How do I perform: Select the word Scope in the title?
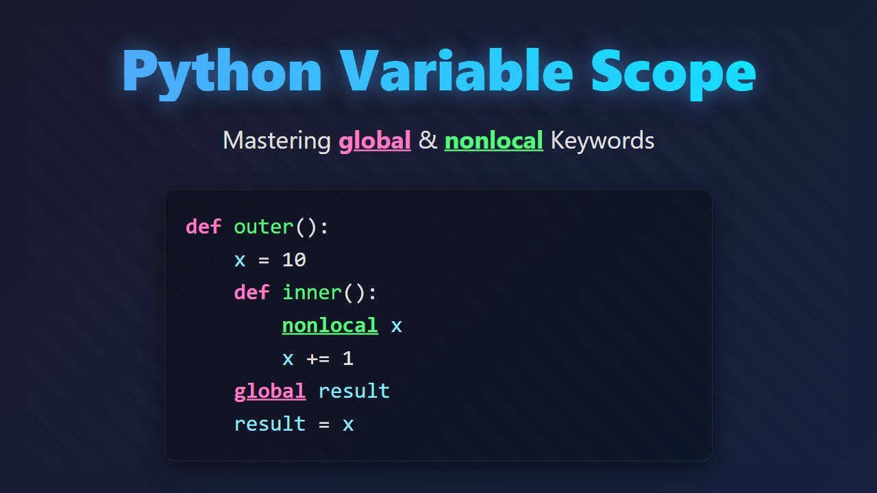pyautogui.click(x=674, y=72)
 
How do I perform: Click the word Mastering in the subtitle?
pyautogui.click(x=277, y=140)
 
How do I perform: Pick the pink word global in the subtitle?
pyautogui.click(x=375, y=140)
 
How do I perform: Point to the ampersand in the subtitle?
pyautogui.click(x=428, y=140)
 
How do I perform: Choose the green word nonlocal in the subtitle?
pyautogui.click(x=493, y=140)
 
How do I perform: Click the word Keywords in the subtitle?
pyautogui.click(x=602, y=140)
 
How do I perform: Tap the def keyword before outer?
pyautogui.click(x=203, y=227)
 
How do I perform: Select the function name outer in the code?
pyautogui.click(x=264, y=227)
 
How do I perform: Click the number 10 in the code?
pyautogui.click(x=294, y=260)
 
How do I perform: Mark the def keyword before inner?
pyautogui.click(x=251, y=292)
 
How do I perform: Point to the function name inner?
pyautogui.click(x=312, y=292)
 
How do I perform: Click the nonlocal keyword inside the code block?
pyautogui.click(x=330, y=325)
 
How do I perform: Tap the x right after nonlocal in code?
pyautogui.click(x=396, y=325)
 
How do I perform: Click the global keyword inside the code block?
pyautogui.click(x=270, y=391)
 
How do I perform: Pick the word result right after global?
pyautogui.click(x=354, y=391)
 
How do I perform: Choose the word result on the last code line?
pyautogui.click(x=270, y=424)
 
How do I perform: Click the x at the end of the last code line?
pyautogui.click(x=348, y=424)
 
